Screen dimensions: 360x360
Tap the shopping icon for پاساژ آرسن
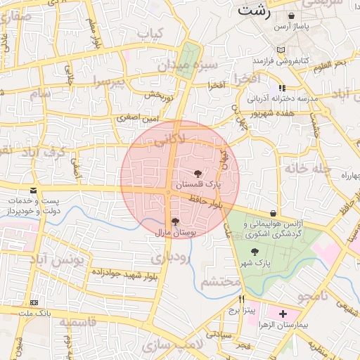(x=311, y=15)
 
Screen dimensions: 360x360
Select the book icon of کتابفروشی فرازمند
(x=281, y=50)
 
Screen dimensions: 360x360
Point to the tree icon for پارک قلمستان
(x=198, y=172)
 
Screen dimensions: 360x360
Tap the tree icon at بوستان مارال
(x=175, y=221)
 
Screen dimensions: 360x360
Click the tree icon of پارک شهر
(x=255, y=252)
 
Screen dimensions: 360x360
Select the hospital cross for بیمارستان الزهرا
(x=283, y=314)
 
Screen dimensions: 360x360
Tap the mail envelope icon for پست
(x=32, y=191)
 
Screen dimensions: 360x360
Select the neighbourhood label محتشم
(x=220, y=283)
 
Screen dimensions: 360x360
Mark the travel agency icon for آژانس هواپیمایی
(x=274, y=213)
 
